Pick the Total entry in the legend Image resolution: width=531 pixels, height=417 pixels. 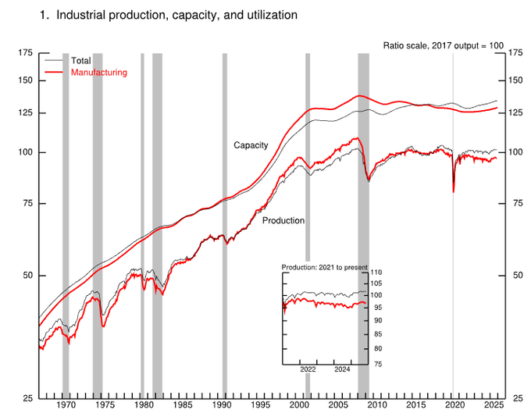(x=80, y=60)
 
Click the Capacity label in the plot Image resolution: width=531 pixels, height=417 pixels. (x=251, y=145)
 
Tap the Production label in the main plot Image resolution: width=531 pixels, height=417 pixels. (x=283, y=221)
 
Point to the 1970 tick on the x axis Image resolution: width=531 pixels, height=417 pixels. (x=66, y=406)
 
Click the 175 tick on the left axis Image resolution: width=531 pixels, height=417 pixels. (x=25, y=52)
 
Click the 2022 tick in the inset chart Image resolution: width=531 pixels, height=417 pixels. (x=308, y=369)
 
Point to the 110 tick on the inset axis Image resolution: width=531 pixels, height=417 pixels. (x=377, y=271)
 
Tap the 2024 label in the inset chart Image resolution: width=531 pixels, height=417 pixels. (x=342, y=369)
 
